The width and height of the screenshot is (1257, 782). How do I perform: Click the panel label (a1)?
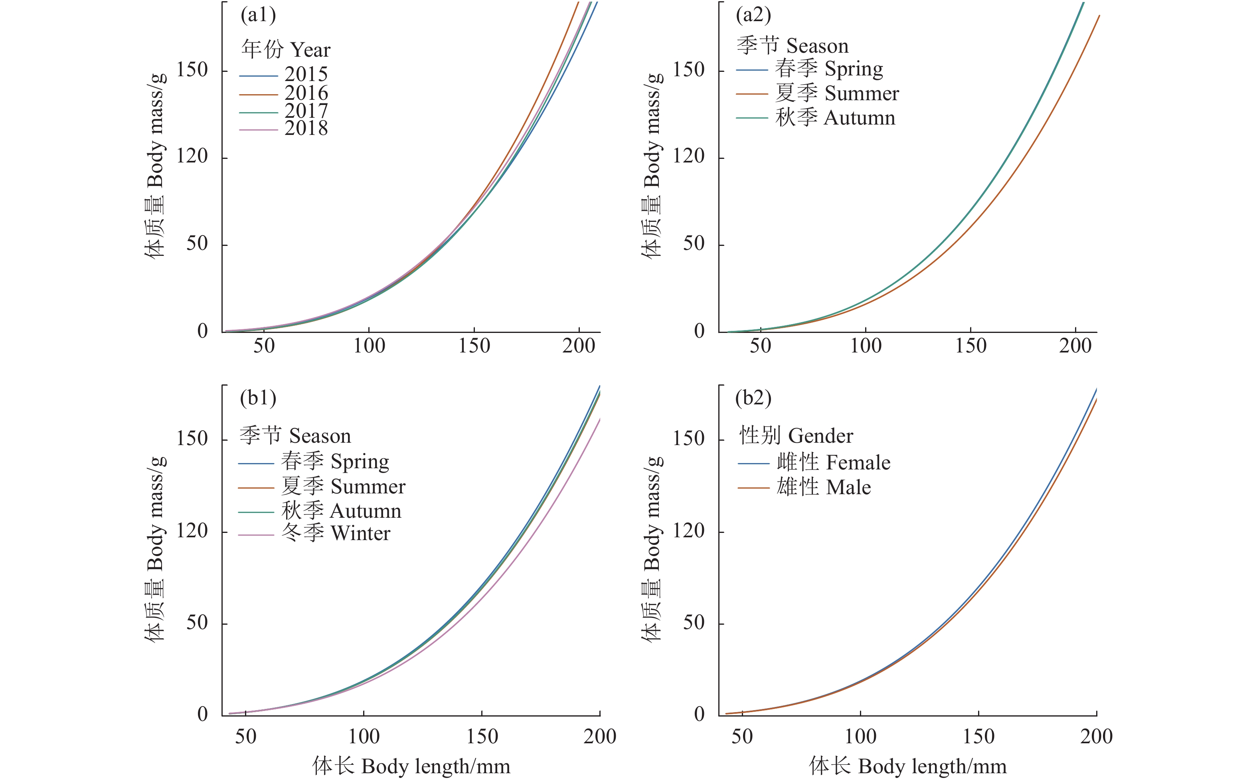[x=258, y=15]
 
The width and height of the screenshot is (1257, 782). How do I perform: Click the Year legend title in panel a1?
[x=285, y=49]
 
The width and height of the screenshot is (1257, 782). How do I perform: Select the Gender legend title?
[x=796, y=436]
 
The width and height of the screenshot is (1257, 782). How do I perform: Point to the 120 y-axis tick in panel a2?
[x=688, y=156]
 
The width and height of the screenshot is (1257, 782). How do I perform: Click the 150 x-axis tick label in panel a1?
[x=474, y=345]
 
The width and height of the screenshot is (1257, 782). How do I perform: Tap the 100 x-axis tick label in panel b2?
[x=860, y=736]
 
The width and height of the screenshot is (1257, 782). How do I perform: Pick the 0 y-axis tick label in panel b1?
[x=203, y=714]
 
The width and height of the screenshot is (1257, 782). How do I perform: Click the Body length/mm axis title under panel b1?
[x=411, y=766]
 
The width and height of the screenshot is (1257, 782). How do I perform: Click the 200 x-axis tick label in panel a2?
[x=1075, y=345]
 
